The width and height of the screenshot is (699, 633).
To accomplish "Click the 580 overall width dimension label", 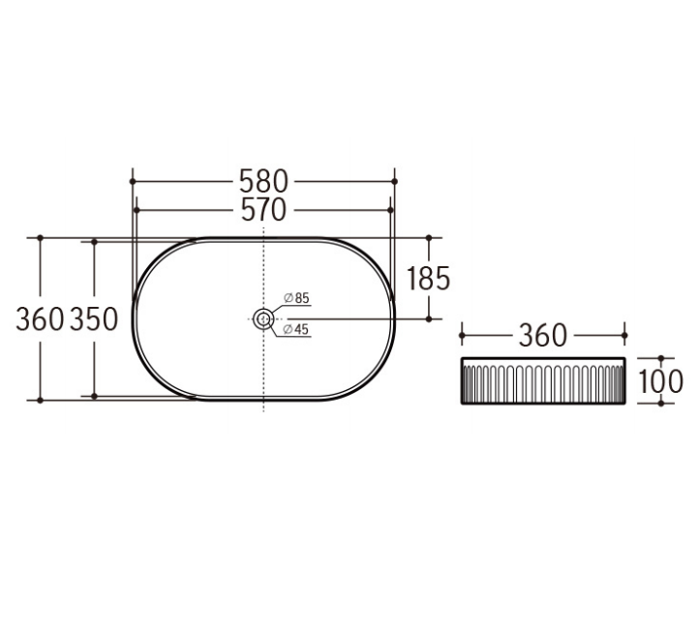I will click(263, 181).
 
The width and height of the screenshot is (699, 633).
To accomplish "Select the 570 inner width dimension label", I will click(263, 209).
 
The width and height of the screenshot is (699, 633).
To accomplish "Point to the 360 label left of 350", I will click(40, 318).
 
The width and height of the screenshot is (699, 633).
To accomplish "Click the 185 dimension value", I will click(428, 279).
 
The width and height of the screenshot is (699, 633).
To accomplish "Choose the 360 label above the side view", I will click(542, 336).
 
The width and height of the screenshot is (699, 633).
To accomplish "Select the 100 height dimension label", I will click(661, 380).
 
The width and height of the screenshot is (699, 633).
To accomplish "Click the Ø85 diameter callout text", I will click(295, 297).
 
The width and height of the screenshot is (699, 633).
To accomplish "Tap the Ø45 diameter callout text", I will click(295, 330).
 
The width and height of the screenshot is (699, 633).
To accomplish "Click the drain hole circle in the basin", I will click(263, 317).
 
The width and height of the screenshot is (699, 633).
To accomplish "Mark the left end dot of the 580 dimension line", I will click(132, 181).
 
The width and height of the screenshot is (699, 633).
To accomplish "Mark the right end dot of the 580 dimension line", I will click(395, 181).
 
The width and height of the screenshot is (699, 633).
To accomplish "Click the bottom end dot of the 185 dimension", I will click(428, 317).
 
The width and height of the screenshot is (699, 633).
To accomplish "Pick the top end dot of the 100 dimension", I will click(661, 358).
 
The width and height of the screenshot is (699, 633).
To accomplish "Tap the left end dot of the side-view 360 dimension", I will click(462, 336).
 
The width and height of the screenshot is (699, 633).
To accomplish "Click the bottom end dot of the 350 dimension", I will click(94, 396).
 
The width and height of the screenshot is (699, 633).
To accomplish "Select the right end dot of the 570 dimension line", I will click(390, 209).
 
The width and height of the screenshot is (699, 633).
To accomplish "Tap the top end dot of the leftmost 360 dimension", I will click(40, 237).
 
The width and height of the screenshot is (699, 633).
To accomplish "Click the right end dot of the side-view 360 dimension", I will click(625, 336).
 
